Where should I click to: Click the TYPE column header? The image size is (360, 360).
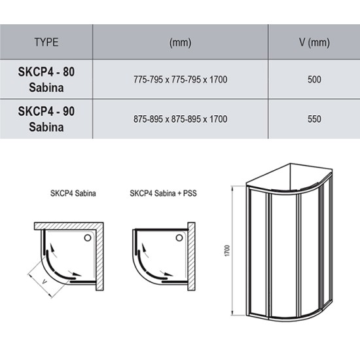pos(46,43)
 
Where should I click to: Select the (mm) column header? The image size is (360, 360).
pos(180,43)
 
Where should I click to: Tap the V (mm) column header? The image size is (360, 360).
pos(314,43)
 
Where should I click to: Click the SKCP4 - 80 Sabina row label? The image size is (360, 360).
pos(46,79)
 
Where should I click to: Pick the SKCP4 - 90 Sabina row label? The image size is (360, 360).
pos(46,119)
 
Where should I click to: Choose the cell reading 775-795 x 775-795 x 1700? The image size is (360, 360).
pos(180,80)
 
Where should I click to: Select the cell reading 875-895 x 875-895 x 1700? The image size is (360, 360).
pos(180,119)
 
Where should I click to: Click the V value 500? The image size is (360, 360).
pos(314,80)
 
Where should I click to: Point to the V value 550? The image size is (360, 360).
pos(314,119)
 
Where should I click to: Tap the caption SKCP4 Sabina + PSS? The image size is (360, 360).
pos(163,193)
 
